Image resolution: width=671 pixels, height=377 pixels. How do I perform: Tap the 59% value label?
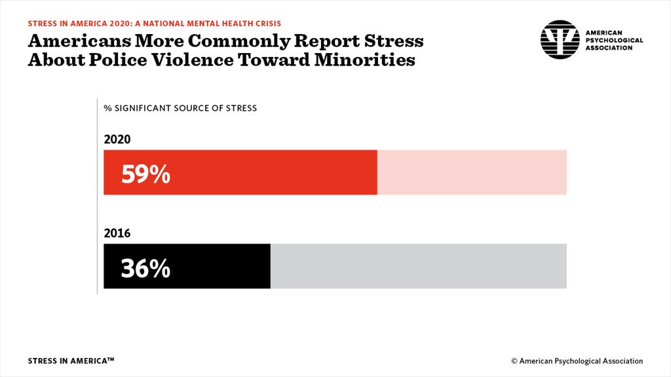145,174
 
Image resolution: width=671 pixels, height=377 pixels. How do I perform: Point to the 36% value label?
145,268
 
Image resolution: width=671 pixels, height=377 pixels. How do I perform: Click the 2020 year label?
117,139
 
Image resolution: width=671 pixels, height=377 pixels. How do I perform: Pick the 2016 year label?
117,233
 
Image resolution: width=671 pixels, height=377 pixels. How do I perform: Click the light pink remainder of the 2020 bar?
472,172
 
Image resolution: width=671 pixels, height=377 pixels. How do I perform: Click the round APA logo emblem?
560,39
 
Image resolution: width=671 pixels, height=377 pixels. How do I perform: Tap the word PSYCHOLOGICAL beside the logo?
613,40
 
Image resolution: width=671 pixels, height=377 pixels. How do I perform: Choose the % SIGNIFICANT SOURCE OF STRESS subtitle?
180,108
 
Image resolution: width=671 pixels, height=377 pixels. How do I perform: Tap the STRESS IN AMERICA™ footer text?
71,361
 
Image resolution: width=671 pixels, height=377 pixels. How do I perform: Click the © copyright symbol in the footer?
514,361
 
